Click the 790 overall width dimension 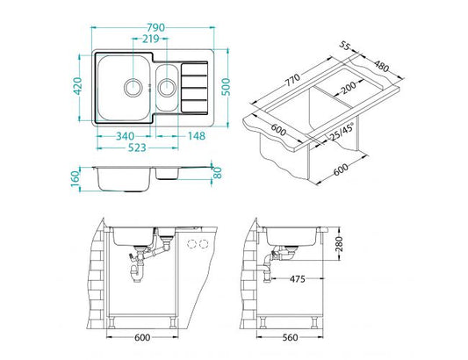[x=155, y=27]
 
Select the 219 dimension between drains [x=151, y=39]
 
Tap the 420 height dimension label [x=78, y=86]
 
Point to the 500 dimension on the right [x=227, y=87]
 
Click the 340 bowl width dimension [x=125, y=136]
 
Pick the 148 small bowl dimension [x=197, y=136]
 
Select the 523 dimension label [x=137, y=148]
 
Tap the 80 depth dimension [x=218, y=173]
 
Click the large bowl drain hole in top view [x=133, y=88]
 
